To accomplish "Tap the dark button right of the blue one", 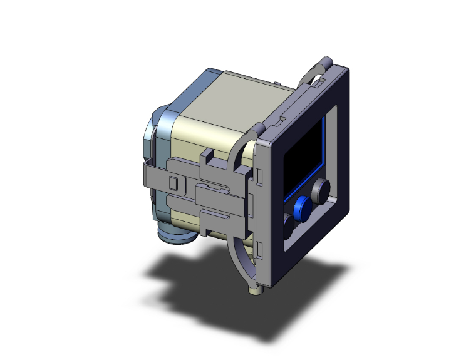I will [322, 190].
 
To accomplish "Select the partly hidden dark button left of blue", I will [288, 224].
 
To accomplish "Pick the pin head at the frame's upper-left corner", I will [257, 130].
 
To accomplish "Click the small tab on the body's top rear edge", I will [276, 82].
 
